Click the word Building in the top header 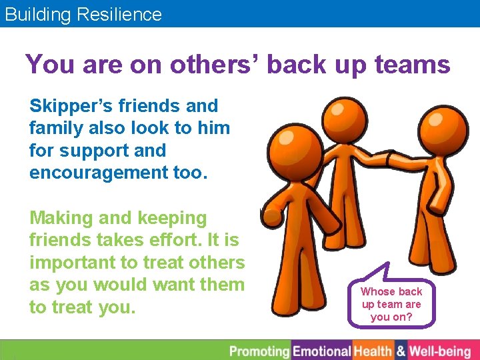[39, 14]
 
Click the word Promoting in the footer [259, 351]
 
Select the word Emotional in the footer [322, 351]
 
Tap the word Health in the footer [373, 351]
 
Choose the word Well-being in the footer [440, 351]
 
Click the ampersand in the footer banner [401, 351]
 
